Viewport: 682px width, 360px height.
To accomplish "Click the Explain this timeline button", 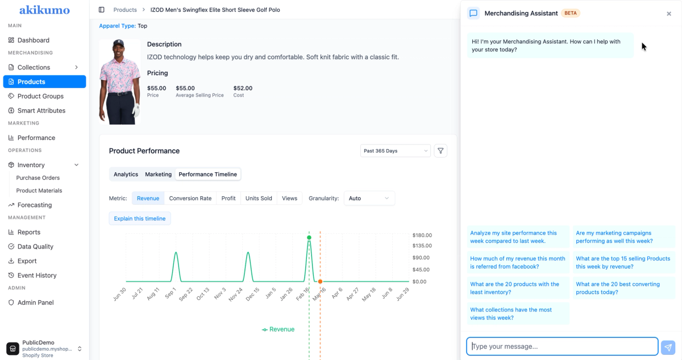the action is pos(140,218).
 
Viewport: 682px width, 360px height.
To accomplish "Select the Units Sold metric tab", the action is pos(259,198).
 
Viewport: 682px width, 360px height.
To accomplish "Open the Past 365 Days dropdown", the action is pos(395,151).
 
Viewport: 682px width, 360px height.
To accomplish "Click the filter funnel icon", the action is pos(440,151).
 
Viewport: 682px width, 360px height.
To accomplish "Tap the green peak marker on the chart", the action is pos(309,238).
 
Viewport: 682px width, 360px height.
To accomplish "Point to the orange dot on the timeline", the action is pos(320,282).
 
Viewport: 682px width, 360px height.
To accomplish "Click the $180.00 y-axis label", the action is pos(422,235).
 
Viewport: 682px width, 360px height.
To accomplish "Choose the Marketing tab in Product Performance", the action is pos(159,174).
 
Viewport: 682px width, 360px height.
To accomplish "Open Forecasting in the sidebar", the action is pos(35,205).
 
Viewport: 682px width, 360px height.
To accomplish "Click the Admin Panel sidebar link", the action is pos(35,303).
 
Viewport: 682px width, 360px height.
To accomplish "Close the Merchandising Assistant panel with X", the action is pos(668,14).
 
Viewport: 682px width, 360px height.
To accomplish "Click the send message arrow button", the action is pos(668,347).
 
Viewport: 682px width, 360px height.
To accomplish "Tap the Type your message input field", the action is pos(562,346).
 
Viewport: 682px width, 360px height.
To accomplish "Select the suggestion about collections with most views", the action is pos(518,313).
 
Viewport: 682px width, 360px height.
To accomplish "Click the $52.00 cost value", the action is pos(243,88).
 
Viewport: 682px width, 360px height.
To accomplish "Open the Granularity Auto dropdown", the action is pos(369,198).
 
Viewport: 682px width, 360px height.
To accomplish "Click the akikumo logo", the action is pos(44,10).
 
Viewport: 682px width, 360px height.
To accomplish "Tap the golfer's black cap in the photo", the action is pos(118,43).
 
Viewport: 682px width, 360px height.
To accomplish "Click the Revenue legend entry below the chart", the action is pos(278,329).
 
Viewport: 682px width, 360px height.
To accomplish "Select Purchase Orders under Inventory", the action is pos(38,177).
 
